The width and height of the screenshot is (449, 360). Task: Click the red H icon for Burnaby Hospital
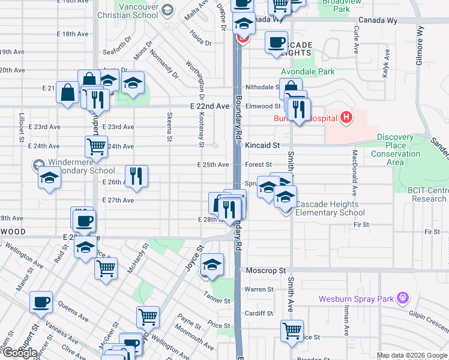[x=345, y=118]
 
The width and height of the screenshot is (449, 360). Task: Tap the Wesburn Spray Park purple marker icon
[x=402, y=297]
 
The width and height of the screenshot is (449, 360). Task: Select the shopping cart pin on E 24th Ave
[x=96, y=146]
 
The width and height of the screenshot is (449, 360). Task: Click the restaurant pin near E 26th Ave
[x=136, y=175]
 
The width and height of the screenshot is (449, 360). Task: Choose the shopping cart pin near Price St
[x=292, y=331]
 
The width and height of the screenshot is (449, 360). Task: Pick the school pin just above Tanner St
[x=212, y=264]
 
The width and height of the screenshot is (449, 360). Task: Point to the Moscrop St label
[x=266, y=271]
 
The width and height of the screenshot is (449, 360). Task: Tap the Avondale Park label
[x=308, y=72]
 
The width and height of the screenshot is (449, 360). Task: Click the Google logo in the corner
[x=19, y=352]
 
